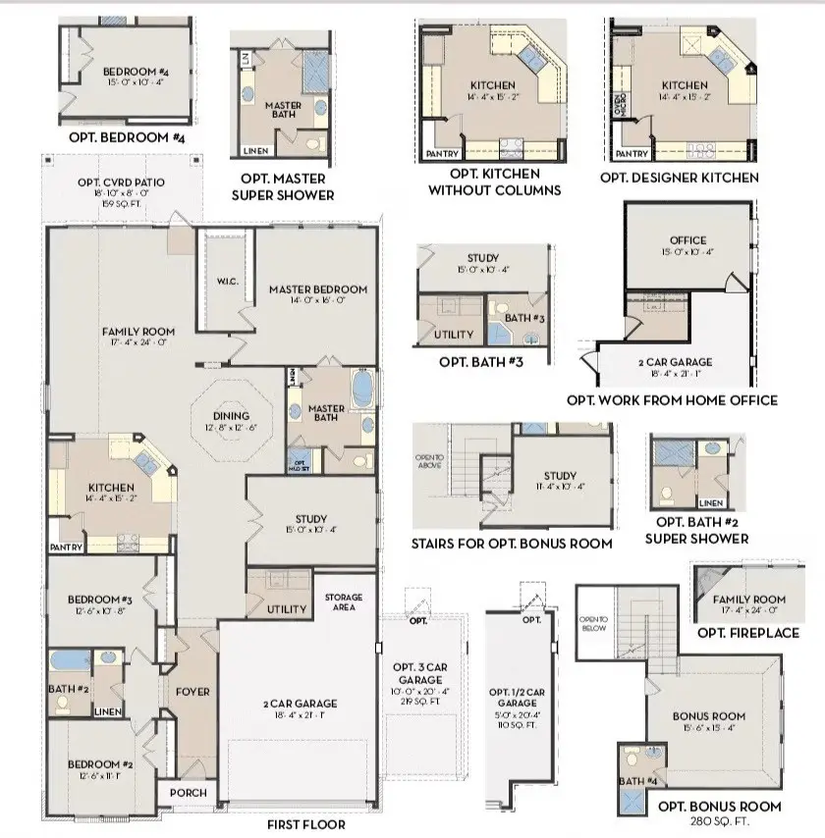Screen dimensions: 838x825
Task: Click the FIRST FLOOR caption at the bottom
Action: (x=305, y=824)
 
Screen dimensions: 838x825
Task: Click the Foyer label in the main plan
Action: (x=192, y=692)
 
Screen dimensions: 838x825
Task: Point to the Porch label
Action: (x=189, y=793)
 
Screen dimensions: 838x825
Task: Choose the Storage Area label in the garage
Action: (x=344, y=602)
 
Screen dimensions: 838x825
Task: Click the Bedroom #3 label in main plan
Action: (x=99, y=600)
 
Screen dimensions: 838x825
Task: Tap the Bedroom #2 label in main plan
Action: (x=99, y=764)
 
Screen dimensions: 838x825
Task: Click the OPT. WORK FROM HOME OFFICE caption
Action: (x=672, y=399)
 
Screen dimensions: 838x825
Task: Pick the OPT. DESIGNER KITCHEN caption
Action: (x=679, y=178)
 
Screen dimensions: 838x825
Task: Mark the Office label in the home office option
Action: (x=687, y=240)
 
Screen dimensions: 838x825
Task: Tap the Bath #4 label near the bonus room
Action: (x=639, y=780)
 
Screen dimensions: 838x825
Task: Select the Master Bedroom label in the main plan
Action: (x=317, y=289)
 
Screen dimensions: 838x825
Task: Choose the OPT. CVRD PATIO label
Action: (x=121, y=183)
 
